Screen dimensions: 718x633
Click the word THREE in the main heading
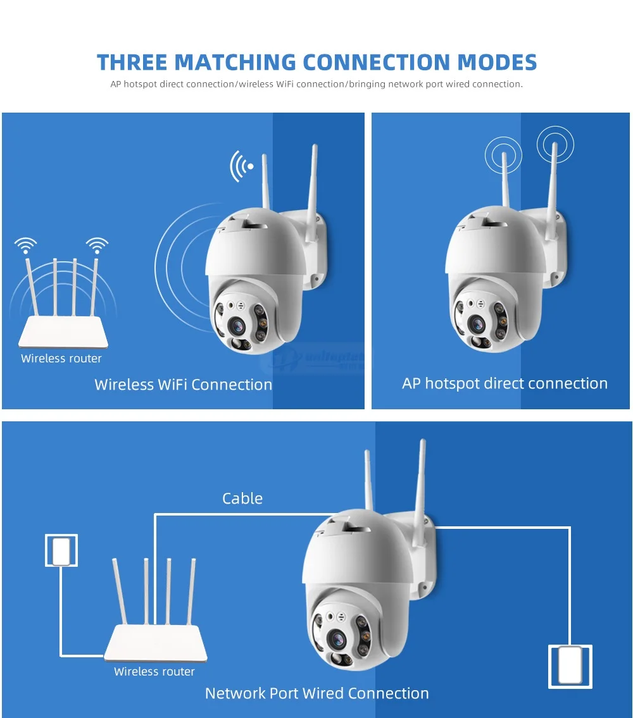(x=132, y=62)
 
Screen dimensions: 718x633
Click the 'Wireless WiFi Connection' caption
(x=184, y=385)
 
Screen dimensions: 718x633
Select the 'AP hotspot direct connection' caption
(x=505, y=383)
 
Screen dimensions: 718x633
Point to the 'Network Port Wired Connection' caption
(x=316, y=693)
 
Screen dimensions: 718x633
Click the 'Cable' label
(x=242, y=498)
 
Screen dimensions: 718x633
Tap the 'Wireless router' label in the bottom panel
(x=154, y=672)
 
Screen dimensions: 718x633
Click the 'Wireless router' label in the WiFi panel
(x=61, y=359)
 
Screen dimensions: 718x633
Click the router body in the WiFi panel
(x=63, y=334)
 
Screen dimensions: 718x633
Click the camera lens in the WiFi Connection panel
(x=238, y=325)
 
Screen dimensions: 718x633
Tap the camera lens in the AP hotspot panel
(x=479, y=323)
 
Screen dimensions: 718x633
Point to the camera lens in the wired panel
(x=336, y=638)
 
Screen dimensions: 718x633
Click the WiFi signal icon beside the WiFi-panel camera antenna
(x=242, y=166)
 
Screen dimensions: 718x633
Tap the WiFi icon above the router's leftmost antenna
(x=26, y=244)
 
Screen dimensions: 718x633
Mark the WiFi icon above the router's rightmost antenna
(x=97, y=244)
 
